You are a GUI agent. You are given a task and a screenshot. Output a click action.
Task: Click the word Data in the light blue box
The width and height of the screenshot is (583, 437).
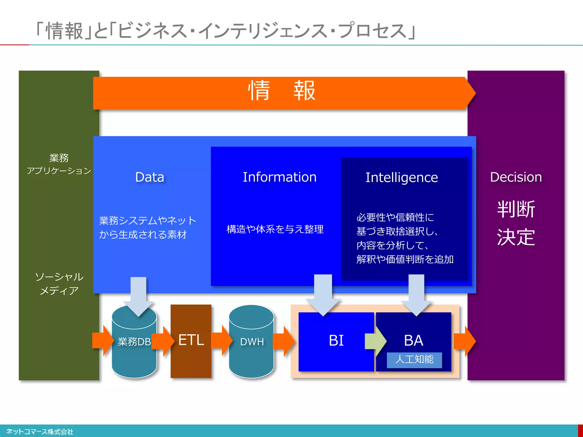(x=150, y=177)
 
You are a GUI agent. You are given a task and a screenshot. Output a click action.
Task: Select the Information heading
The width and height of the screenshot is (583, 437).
(x=280, y=177)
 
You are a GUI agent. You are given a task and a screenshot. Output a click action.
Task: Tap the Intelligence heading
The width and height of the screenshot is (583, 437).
(x=401, y=178)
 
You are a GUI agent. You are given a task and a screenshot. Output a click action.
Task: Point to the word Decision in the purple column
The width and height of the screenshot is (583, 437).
(x=516, y=177)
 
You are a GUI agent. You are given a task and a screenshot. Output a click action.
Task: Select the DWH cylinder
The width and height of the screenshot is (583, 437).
(x=252, y=341)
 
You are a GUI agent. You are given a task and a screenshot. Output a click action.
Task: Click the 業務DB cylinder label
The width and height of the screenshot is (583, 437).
(x=134, y=341)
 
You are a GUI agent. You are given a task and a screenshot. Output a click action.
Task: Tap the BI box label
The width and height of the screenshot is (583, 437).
(x=336, y=341)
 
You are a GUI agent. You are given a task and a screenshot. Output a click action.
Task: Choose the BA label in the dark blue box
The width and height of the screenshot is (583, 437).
(x=413, y=340)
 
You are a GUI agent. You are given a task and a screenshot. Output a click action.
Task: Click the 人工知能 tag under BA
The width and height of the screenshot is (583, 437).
(x=414, y=360)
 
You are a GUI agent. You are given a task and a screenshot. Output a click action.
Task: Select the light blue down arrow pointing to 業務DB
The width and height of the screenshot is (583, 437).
(x=139, y=296)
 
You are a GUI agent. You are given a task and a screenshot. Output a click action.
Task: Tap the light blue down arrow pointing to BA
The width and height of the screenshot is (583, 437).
(x=416, y=294)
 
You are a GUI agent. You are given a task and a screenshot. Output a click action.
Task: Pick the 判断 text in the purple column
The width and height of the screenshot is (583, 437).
(x=516, y=209)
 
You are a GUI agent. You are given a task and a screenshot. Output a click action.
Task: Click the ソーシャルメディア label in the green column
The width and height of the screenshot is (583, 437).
(x=59, y=283)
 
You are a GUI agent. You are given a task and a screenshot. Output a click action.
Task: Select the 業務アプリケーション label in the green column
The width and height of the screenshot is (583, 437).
(x=59, y=164)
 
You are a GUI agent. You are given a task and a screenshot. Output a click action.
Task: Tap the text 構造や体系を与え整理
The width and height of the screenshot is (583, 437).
(x=275, y=229)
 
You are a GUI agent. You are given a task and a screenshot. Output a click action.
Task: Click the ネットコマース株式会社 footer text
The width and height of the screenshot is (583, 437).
(x=40, y=432)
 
